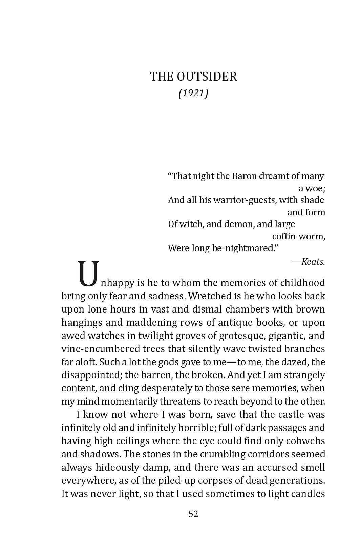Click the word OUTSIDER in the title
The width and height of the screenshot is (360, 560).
[207, 77]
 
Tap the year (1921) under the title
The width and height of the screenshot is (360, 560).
[193, 93]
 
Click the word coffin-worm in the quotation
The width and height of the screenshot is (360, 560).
[298, 236]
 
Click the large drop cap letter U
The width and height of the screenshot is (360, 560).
[89, 273]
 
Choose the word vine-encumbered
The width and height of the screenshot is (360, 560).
[96, 349]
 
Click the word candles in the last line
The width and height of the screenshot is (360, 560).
[308, 494]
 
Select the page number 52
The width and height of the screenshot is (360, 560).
[193, 514]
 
